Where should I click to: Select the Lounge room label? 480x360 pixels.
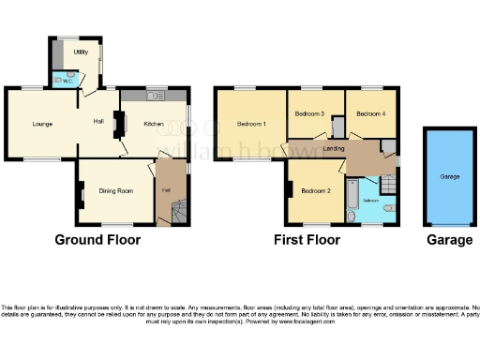click(x=40, y=124)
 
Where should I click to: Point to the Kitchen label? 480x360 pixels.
click(x=154, y=124)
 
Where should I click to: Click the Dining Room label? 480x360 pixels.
click(x=115, y=191)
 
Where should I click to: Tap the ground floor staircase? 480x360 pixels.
click(x=178, y=212)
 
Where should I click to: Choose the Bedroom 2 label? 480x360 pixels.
click(x=315, y=191)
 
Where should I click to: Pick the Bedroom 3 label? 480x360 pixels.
click(x=309, y=114)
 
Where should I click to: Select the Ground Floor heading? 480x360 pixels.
click(x=97, y=240)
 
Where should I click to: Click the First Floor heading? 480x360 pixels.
click(x=307, y=240)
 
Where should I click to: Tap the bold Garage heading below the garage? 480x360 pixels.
click(x=450, y=240)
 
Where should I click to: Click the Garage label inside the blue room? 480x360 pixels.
click(x=450, y=175)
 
